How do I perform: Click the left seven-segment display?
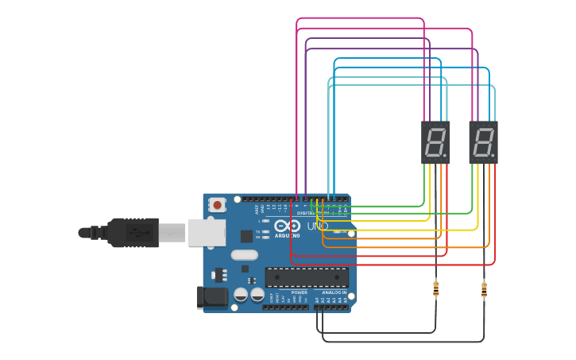[x=435, y=142]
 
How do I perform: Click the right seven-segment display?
[x=483, y=142]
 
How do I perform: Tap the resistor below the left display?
[x=436, y=288]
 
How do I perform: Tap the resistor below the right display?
[x=484, y=289]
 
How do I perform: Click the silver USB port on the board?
[x=206, y=232]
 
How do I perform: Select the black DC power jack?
[x=211, y=297]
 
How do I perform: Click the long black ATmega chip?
[x=307, y=277]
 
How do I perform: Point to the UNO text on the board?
[x=318, y=226]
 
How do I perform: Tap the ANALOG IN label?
[x=334, y=292]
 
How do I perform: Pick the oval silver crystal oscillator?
[x=245, y=255]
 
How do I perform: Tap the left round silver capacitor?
[x=241, y=295]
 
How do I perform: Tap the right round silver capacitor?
[x=257, y=295]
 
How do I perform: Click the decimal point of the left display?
[x=445, y=155]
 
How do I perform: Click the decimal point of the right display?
[x=493, y=155]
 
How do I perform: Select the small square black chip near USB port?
[x=247, y=235]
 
